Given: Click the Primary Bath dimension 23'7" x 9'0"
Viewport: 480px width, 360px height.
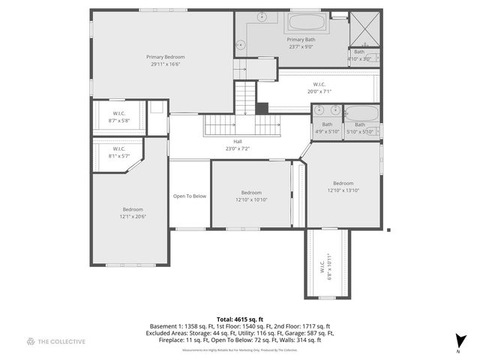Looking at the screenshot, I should click(x=300, y=46).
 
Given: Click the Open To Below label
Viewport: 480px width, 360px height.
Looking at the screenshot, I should click(x=190, y=196).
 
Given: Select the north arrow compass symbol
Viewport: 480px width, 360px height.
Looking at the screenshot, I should click(x=460, y=341).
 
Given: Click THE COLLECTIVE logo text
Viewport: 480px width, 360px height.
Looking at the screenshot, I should click(x=61, y=341).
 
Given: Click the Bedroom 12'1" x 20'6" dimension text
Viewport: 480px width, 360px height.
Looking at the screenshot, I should click(x=133, y=217).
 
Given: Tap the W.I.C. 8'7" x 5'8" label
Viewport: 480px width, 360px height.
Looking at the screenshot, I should click(x=118, y=120).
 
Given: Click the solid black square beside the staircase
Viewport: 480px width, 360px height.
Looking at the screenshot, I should click(x=261, y=107).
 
